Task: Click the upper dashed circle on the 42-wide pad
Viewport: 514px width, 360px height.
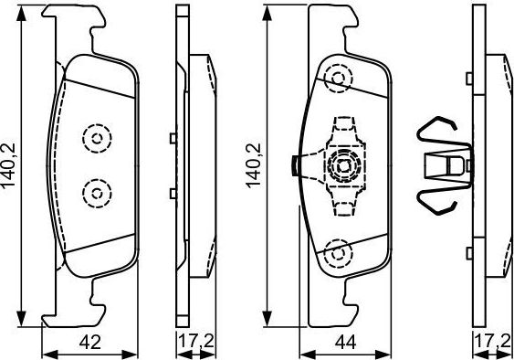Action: (x=94, y=138)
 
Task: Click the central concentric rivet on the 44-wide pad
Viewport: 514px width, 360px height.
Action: (x=341, y=166)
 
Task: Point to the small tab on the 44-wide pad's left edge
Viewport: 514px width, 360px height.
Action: (x=294, y=165)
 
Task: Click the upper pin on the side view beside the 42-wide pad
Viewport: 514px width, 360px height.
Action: (x=173, y=139)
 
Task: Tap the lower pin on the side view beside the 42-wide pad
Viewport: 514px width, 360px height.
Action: (x=173, y=191)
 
